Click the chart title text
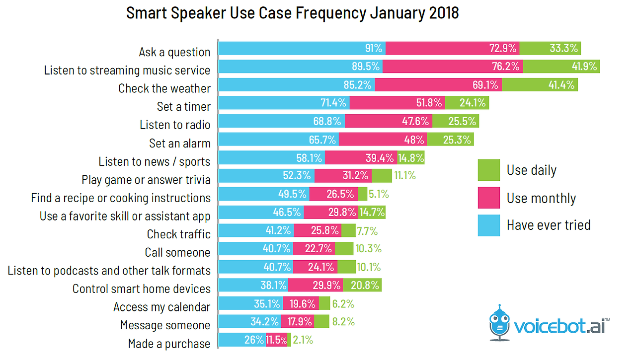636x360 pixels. tap(292, 13)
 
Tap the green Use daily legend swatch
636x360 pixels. tap(488, 170)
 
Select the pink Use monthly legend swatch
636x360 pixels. tap(488, 198)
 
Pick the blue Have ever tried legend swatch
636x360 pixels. tap(488, 225)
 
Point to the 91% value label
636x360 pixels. tap(373, 48)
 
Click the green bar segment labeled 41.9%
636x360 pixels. tap(561, 67)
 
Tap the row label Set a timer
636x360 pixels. tap(184, 106)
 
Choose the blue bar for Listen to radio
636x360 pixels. tap(281, 121)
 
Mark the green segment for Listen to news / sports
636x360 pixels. tap(411, 158)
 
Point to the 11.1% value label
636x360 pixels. tap(404, 176)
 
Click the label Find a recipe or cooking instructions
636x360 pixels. tap(121, 198)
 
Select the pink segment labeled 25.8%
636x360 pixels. tap(324, 230)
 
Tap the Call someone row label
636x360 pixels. tap(178, 252)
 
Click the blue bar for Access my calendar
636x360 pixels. tap(250, 303)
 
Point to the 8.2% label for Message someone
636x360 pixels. tap(343, 321)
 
